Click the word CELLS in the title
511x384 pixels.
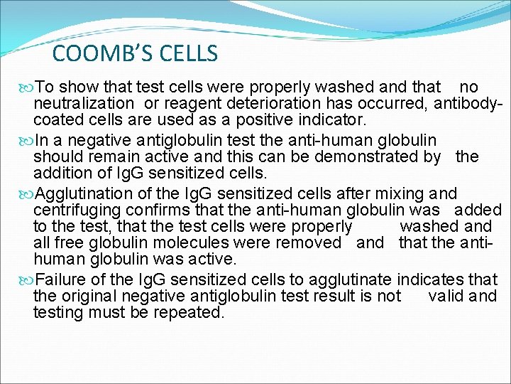pyautogui.click(x=187, y=53)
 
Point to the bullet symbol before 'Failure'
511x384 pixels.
pyautogui.click(x=26, y=279)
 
